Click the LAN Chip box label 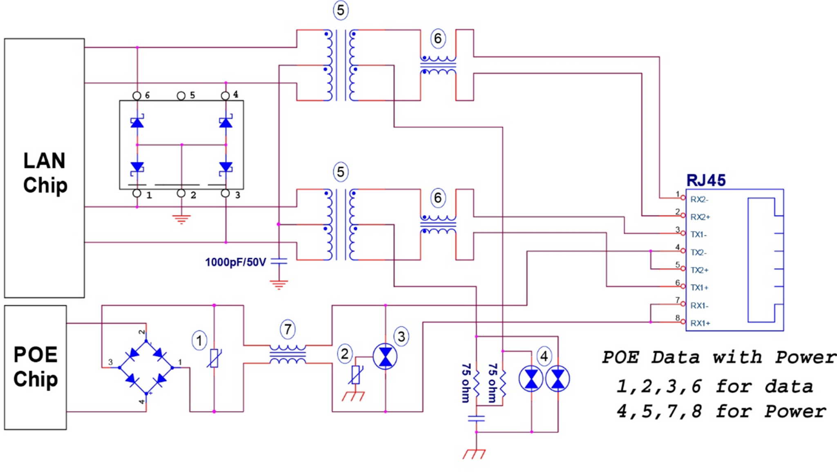pos(45,172)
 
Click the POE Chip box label pos(36,366)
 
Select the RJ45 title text pos(706,180)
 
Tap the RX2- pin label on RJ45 pos(699,199)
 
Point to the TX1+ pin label pos(699,288)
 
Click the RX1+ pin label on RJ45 pos(700,323)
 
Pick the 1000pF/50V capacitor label pos(235,262)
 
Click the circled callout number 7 pos(288,329)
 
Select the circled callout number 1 pos(199,341)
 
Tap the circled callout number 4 pos(544,356)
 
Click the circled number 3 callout pos(401,336)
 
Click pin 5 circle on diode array pos(181,96)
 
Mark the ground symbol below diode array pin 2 pos(181,219)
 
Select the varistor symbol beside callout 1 pos(214,358)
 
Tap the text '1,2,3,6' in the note pos(659,386)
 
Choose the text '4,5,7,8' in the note pos(659,411)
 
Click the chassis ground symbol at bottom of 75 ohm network pos(474,454)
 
